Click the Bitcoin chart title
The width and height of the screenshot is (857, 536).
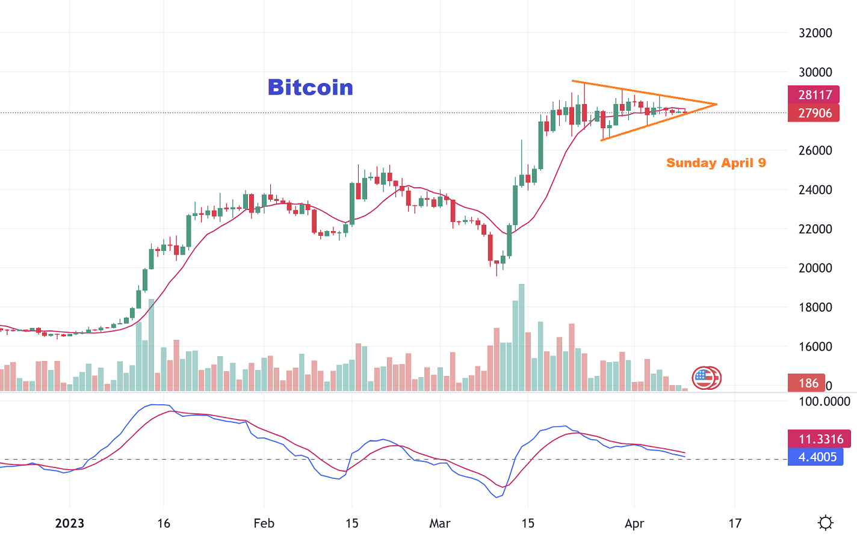[311, 88]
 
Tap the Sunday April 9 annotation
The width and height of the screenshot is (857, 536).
[716, 163]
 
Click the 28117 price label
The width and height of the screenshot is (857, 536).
[814, 95]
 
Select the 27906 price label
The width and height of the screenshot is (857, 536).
[814, 113]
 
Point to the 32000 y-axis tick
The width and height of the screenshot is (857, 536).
[815, 33]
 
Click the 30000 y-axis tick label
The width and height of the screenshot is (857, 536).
[815, 72]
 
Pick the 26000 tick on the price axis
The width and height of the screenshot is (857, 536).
[815, 150]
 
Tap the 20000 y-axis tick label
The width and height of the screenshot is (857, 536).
[815, 268]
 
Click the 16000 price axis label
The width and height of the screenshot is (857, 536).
[815, 347]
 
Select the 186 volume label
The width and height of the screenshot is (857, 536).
[808, 383]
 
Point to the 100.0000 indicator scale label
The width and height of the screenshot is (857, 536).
[824, 402]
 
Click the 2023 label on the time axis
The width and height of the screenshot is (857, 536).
[70, 523]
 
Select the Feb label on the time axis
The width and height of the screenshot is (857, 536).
[264, 523]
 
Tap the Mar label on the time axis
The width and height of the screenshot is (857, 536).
[440, 523]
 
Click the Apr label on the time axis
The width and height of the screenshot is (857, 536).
[634, 523]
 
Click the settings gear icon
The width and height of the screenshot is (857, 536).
[826, 523]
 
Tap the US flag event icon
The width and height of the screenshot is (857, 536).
[704, 378]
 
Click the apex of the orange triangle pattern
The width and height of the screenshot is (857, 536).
[716, 105]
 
